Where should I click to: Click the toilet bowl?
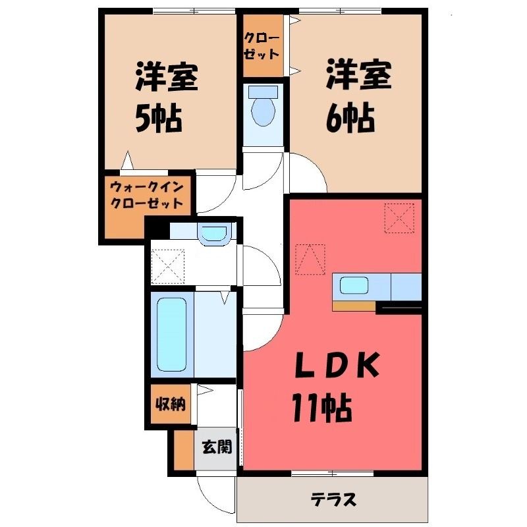pyautogui.click(x=263, y=111)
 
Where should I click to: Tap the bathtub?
pyautogui.click(x=172, y=335)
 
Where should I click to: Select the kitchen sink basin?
pyautogui.click(x=354, y=286)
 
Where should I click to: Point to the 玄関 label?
pyautogui.click(x=217, y=447)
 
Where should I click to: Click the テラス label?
pyautogui.click(x=333, y=499)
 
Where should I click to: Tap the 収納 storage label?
pyautogui.click(x=171, y=404)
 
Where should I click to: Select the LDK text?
pyautogui.click(x=337, y=365)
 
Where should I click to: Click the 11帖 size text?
pyautogui.click(x=322, y=408)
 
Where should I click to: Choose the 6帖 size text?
pyautogui.click(x=350, y=118)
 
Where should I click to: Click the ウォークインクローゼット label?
pyautogui.click(x=147, y=195)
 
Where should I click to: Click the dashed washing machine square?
pyautogui.click(x=168, y=267)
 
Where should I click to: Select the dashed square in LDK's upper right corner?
pyautogui.click(x=399, y=218)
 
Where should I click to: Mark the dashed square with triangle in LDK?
pyautogui.click(x=310, y=259)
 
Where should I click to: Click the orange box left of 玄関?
pyautogui.click(x=184, y=450)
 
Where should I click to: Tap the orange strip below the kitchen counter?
pyautogui.click(x=354, y=306)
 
